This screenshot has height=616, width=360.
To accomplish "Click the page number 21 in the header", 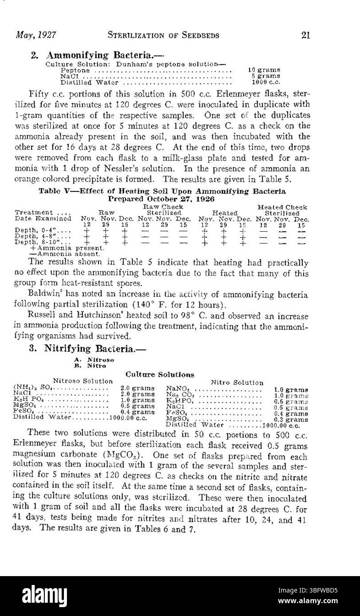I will tap(305, 35).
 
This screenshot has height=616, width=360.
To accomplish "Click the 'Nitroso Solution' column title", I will tap(83, 381).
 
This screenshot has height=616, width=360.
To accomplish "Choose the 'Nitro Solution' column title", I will tap(237, 382).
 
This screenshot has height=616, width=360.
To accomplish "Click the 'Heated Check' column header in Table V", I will tap(282, 207).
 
